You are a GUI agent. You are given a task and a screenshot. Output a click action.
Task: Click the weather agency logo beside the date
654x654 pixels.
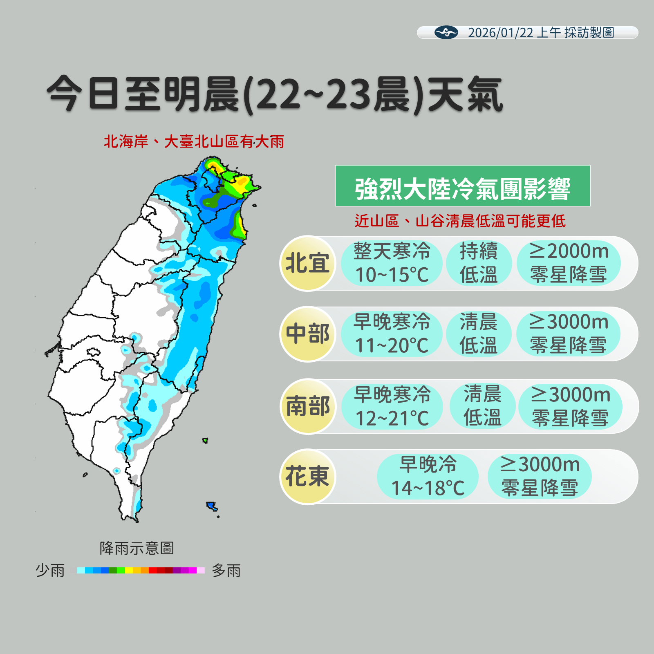click(446, 32)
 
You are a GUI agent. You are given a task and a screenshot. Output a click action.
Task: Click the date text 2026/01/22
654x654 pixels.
click(500, 33)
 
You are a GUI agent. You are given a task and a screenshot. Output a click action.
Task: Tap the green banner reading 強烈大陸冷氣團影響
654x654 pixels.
click(463, 186)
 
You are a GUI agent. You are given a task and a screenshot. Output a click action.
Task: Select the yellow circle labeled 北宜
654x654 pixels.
click(308, 263)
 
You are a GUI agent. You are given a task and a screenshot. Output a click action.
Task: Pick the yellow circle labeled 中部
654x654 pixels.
click(308, 334)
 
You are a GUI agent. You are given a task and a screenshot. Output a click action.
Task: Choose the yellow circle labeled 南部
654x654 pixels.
click(308, 406)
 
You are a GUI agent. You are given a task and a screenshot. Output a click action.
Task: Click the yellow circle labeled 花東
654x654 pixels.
click(308, 477)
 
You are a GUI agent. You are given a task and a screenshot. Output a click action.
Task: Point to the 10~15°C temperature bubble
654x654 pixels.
click(392, 263)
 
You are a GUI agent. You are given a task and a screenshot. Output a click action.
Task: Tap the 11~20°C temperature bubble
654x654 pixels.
click(392, 334)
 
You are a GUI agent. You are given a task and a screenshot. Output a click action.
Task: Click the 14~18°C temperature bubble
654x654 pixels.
click(428, 477)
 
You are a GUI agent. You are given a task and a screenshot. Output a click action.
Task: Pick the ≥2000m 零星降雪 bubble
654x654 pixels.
click(569, 263)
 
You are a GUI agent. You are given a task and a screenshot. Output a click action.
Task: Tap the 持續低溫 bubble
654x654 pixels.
click(479, 263)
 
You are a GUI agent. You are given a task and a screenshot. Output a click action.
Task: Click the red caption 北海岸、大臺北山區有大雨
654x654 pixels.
click(194, 142)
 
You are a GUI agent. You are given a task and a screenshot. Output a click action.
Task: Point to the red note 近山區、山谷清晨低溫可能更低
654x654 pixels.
click(460, 221)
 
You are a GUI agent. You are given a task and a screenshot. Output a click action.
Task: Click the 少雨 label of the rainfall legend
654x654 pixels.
click(50, 570)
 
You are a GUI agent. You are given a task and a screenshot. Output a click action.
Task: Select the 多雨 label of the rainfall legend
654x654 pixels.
click(226, 570)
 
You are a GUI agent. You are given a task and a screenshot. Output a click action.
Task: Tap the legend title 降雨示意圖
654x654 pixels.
click(137, 548)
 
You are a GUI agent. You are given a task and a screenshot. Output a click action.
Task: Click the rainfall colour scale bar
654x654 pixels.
click(141, 570)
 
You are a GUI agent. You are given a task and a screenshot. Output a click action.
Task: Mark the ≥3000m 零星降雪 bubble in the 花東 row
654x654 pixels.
click(540, 477)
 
